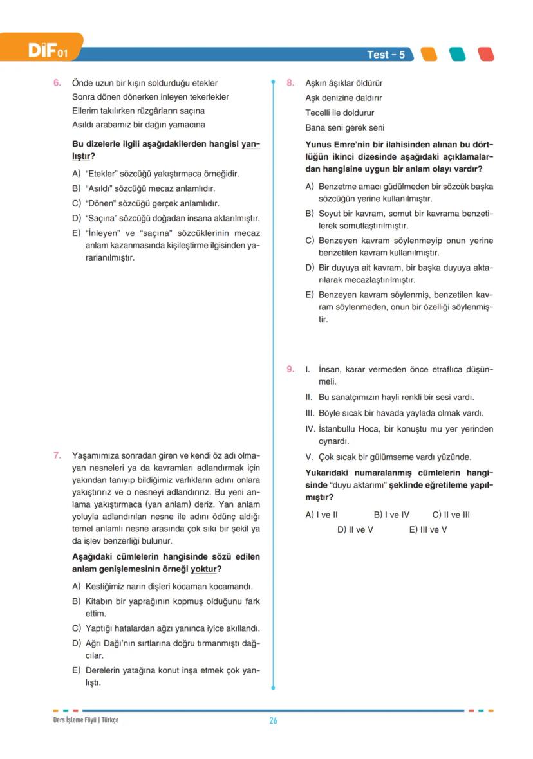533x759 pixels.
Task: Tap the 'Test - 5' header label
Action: [386, 55]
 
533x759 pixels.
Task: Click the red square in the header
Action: [486, 54]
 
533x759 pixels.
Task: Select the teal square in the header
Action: [457, 54]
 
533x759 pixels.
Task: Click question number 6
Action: [57, 83]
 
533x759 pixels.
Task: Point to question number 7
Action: [57, 455]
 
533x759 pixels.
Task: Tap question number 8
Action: [290, 83]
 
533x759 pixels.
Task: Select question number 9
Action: [290, 369]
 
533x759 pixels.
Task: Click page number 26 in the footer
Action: [273, 720]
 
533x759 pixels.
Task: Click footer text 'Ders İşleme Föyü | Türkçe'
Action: [86, 720]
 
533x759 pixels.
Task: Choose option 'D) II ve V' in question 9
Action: [355, 529]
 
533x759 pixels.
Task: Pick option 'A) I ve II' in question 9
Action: [321, 515]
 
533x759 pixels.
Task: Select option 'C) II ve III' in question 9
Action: [451, 515]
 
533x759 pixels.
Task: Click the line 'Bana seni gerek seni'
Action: [344, 127]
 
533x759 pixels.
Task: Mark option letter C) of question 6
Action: [77, 203]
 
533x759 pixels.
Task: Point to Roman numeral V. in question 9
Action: [308, 457]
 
